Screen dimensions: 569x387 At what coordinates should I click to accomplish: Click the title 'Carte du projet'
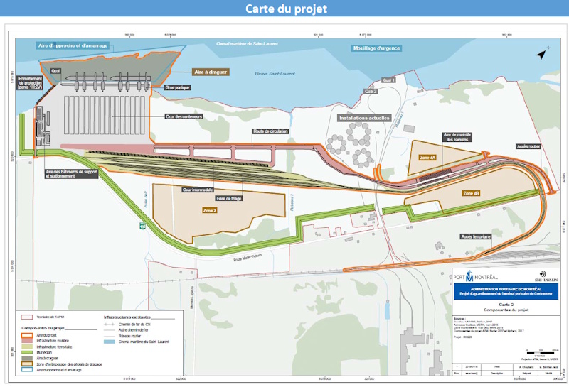coord(284,9)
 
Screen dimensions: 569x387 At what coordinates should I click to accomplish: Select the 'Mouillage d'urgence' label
coord(377,48)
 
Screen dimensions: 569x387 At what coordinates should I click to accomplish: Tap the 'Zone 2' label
coord(210,211)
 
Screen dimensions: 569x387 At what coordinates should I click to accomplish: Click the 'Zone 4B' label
coord(471,193)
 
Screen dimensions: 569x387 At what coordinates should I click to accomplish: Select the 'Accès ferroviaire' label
coord(476,236)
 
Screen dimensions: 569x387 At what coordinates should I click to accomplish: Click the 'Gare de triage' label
coord(229,199)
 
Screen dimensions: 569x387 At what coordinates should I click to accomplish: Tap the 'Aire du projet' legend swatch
coord(26,336)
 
